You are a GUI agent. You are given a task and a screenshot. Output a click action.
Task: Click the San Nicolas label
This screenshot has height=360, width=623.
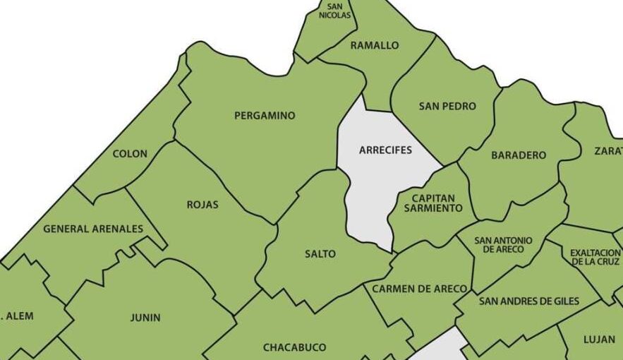(x=334, y=11)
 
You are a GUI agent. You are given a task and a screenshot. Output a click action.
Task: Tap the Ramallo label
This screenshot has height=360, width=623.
(x=374, y=45)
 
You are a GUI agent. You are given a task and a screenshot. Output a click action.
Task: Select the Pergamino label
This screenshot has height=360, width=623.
(x=265, y=116)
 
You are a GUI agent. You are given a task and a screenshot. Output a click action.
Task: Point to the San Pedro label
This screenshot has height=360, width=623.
(x=447, y=107)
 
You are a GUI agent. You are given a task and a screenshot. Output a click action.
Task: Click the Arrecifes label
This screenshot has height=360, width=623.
(x=385, y=150)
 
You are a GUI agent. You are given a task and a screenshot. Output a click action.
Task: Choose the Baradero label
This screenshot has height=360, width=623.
(x=519, y=155)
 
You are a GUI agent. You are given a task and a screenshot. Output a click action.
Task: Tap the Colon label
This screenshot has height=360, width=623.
(x=130, y=154)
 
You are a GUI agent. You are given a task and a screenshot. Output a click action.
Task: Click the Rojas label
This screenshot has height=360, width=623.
(x=202, y=205)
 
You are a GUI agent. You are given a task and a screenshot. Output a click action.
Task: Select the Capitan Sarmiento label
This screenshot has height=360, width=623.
(x=433, y=203)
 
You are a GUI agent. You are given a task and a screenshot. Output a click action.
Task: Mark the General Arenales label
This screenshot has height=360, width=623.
(x=93, y=229)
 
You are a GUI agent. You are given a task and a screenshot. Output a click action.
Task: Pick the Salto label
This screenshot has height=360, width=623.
(x=320, y=254)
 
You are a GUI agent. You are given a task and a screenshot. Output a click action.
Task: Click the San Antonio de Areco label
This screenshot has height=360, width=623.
(x=503, y=245)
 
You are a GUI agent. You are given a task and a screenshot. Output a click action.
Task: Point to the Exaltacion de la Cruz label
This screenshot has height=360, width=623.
(x=595, y=257)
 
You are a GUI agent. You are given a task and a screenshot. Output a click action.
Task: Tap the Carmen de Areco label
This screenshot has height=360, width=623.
(x=419, y=289)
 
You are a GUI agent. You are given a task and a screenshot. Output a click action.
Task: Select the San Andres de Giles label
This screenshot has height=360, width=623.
(x=528, y=301)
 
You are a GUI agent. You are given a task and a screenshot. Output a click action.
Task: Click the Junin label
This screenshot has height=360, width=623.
(x=145, y=318)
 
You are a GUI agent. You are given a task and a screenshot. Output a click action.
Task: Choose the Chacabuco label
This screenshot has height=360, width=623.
(x=294, y=347)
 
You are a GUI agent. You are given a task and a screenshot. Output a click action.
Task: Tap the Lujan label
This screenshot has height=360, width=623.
(x=599, y=340)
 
